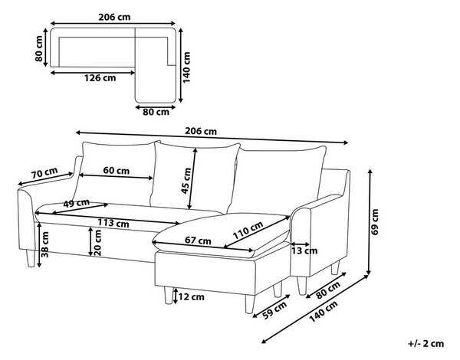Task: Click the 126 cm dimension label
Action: [x=100, y=78]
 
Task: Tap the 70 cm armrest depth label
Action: [x=44, y=173]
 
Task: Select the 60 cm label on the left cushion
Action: [x=117, y=171]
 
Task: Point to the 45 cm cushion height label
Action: [x=186, y=181]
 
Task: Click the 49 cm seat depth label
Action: [x=77, y=203]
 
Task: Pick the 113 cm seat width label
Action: [x=113, y=223]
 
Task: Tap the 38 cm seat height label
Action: [x=45, y=244]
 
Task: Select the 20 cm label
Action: [x=97, y=243]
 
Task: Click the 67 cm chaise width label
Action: [x=198, y=241]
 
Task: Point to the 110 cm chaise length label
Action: [x=248, y=230]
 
